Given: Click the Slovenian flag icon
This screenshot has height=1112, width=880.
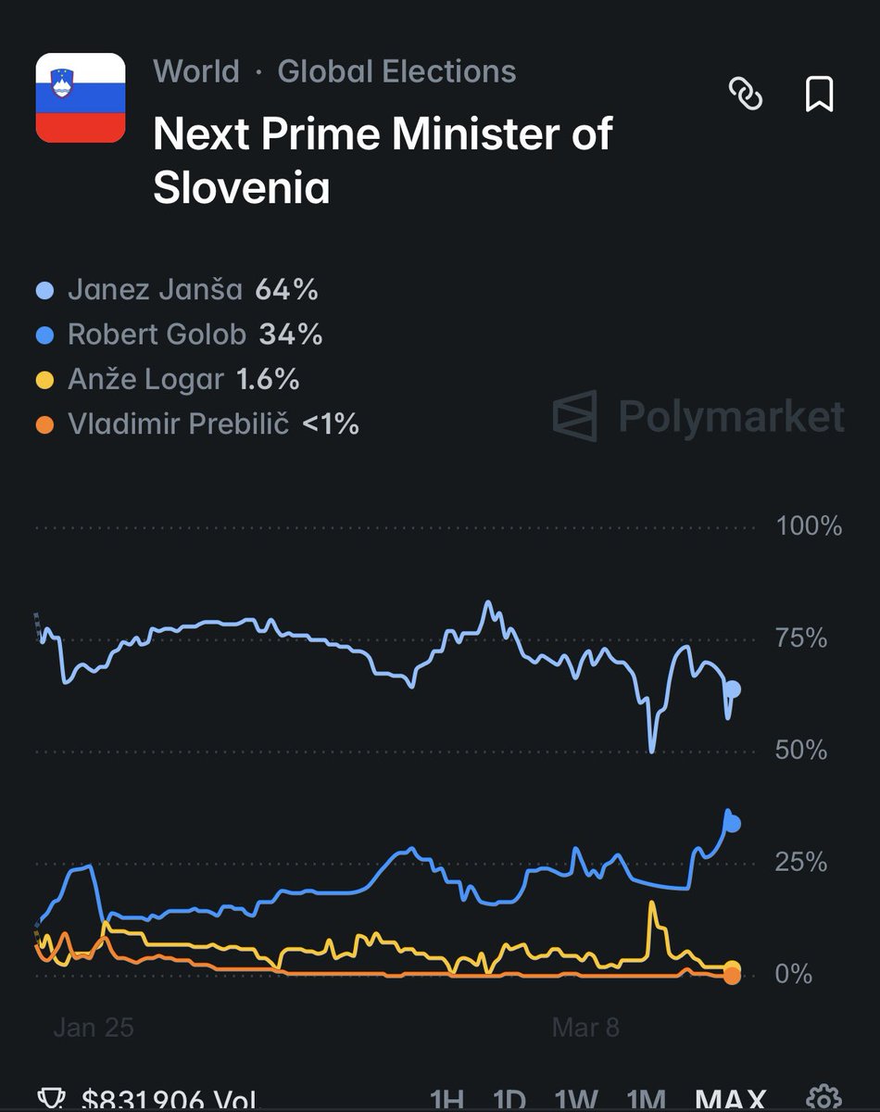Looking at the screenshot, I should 81,98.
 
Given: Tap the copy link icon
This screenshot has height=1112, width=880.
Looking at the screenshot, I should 746,94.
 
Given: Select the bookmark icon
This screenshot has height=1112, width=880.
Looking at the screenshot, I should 819,94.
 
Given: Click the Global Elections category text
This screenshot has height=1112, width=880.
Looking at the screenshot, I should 396,71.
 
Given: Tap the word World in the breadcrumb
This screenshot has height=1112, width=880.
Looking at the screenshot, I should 196,71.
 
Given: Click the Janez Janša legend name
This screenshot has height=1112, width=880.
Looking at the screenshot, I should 155,290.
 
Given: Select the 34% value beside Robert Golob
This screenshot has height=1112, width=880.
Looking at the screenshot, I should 291,335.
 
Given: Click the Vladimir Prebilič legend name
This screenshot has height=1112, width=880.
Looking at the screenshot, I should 179,424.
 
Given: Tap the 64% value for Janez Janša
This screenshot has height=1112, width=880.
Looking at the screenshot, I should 287,290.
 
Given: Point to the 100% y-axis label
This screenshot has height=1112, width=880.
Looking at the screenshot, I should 809,526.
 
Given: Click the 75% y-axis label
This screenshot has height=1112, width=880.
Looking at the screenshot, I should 801,638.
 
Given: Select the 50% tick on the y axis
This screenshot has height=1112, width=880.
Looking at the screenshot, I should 801,750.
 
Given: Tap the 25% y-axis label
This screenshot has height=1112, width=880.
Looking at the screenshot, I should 801,863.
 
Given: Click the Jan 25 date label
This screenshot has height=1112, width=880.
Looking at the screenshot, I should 93,1027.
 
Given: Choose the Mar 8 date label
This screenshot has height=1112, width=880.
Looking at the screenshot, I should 585,1027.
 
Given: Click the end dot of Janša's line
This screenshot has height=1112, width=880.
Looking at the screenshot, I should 733,689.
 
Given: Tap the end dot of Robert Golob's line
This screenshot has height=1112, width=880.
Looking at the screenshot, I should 732,823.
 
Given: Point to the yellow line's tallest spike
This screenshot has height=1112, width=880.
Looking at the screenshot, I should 652,903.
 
